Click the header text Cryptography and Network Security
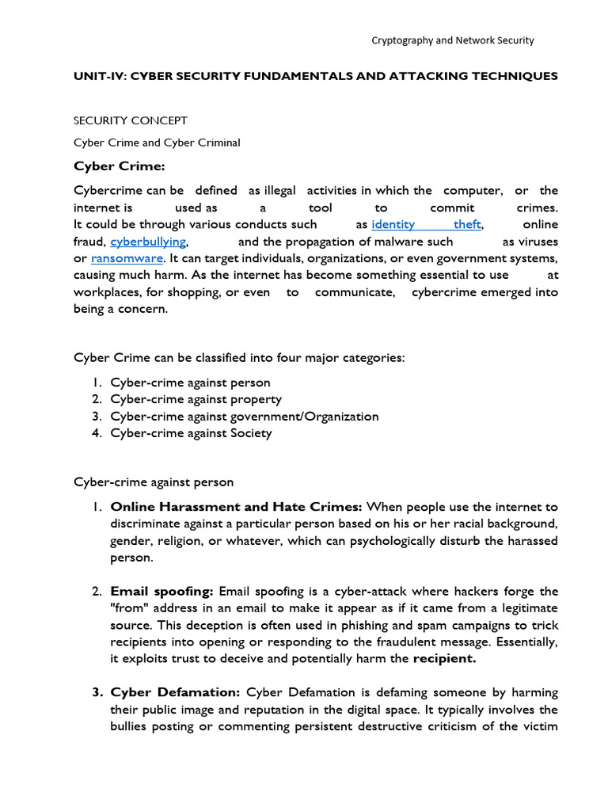click(x=453, y=40)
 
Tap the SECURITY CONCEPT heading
click(x=131, y=120)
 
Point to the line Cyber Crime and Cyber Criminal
click(x=157, y=143)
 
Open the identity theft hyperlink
click(x=426, y=224)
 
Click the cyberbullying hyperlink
click(x=149, y=242)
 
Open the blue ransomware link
click(x=127, y=258)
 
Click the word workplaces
click(x=107, y=292)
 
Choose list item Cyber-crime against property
click(x=196, y=399)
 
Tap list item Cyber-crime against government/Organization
click(x=244, y=416)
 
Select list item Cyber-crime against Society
click(x=191, y=432)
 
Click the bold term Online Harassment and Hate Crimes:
click(x=236, y=507)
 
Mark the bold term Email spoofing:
click(x=162, y=592)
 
